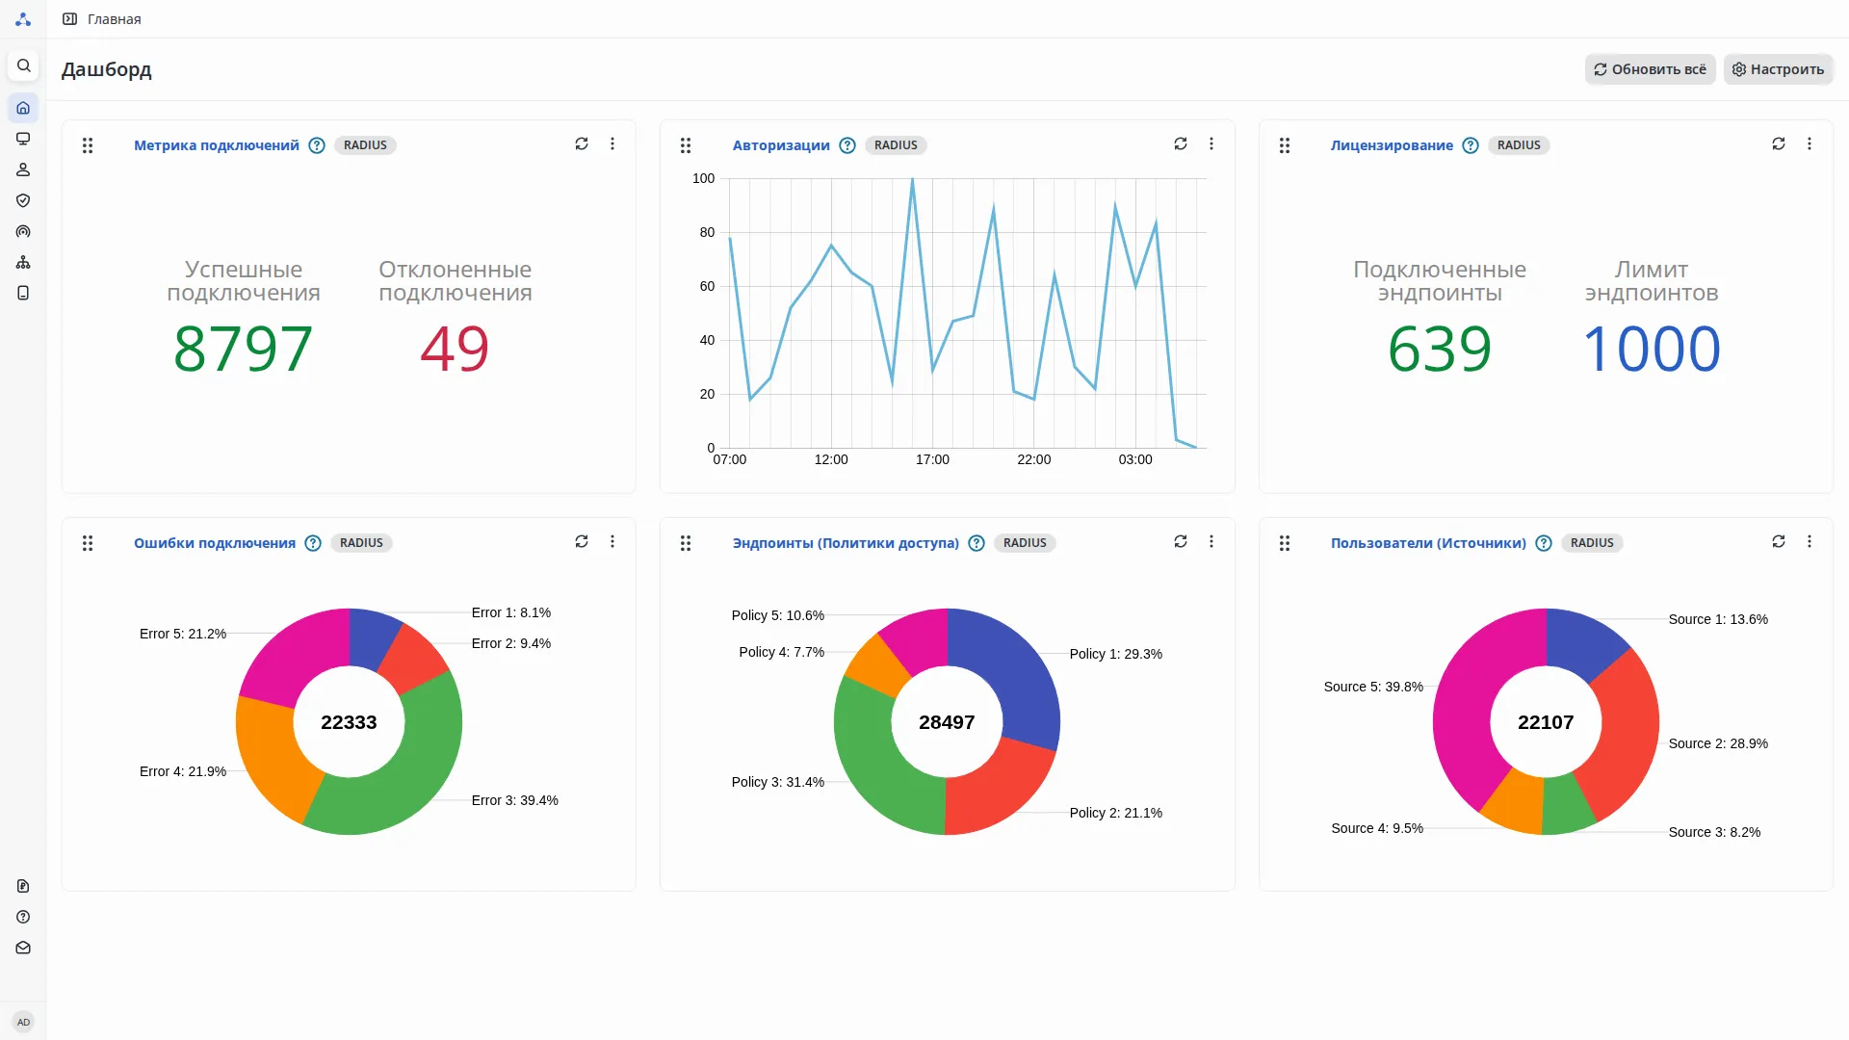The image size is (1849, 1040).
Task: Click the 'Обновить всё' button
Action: pyautogui.click(x=1650, y=69)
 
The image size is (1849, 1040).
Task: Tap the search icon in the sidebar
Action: pyautogui.click(x=24, y=65)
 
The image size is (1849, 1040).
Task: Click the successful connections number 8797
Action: pyautogui.click(x=243, y=348)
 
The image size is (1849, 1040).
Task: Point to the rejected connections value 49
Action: pyautogui.click(x=455, y=348)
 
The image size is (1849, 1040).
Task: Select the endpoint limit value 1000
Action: pyautogui.click(x=1651, y=348)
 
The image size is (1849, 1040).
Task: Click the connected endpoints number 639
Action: pyautogui.click(x=1439, y=348)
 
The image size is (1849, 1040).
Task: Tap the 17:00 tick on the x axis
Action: pyautogui.click(x=932, y=459)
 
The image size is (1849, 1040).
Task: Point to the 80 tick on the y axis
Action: pyautogui.click(x=707, y=232)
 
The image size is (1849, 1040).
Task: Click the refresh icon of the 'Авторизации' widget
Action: pyautogui.click(x=1180, y=143)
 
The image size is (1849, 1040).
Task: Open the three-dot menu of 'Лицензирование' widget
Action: pyautogui.click(x=1810, y=143)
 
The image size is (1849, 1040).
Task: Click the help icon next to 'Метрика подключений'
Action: pyautogui.click(x=317, y=145)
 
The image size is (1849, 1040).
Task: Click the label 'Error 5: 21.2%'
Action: pyautogui.click(x=183, y=634)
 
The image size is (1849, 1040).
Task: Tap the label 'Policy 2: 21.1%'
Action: pyautogui.click(x=1115, y=813)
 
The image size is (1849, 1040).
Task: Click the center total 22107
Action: pyautogui.click(x=1546, y=722)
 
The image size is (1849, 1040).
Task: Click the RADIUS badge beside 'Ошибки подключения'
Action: pyautogui.click(x=361, y=543)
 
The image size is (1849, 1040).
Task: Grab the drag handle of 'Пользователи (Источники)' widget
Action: pyautogui.click(x=1285, y=543)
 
